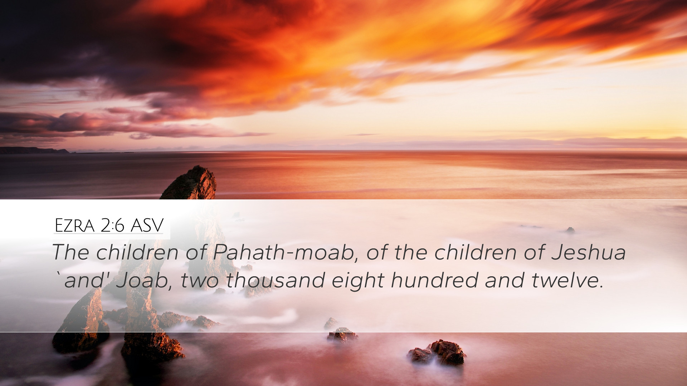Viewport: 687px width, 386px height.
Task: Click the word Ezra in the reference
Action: pos(74,226)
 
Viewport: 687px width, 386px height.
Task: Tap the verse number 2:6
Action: pos(112,226)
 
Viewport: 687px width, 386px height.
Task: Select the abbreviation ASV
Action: pos(147,226)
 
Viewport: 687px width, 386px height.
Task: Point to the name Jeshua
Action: pos(589,252)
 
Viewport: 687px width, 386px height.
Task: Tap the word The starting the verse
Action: pos(71,252)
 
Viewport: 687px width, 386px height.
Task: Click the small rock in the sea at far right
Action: pos(570,230)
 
